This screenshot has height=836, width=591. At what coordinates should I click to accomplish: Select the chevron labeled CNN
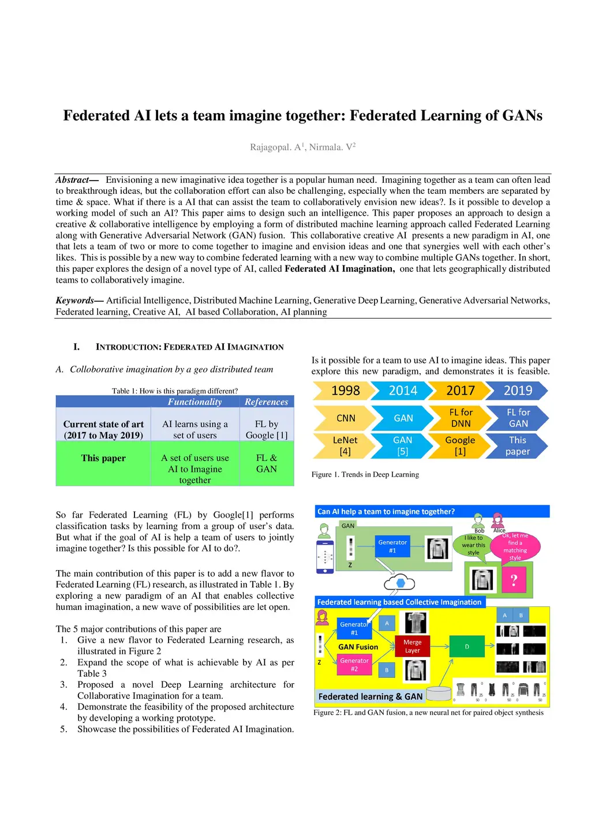pos(345,418)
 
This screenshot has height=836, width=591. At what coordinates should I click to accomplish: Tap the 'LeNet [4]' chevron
pos(345,445)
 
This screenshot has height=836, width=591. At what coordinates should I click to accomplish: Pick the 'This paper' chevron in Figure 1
pos(517,445)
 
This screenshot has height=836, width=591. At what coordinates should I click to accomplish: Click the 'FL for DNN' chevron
pos(461,418)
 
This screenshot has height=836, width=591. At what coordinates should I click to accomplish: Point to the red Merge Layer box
pos(412,646)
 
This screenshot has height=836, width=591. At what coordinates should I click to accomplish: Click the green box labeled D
pos(467,647)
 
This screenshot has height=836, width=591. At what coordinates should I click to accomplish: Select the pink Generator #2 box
pos(354,665)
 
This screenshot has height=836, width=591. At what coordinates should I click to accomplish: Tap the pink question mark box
pos(514,580)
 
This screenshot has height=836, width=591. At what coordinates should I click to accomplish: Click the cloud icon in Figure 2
pos(400,583)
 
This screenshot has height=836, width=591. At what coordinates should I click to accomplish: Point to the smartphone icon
pos(326,556)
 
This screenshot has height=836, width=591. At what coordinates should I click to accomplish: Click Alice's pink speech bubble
pos(515,546)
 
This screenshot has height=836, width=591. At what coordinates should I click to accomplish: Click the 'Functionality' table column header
pos(194,402)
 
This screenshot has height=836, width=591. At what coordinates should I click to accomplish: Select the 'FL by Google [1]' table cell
pos(266,429)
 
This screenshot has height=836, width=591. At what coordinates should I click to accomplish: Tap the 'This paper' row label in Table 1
pos(103,458)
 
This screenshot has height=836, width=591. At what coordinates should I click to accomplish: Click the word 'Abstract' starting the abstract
pos(73,180)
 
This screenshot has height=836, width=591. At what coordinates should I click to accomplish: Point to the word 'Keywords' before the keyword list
pos(75,300)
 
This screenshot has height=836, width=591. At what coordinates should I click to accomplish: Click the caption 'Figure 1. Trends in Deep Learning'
pos(365,474)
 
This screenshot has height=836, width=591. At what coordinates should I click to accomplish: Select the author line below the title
pos(302,147)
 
